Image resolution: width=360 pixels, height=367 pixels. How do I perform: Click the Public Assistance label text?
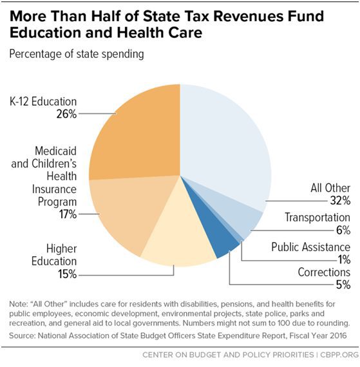point(310,247)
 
